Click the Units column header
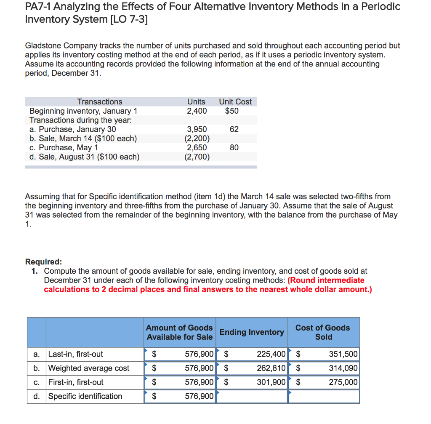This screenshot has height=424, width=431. pyautogui.click(x=196, y=101)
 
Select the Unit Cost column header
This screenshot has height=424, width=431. pyautogui.click(x=235, y=101)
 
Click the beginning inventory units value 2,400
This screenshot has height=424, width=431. pyautogui.click(x=196, y=111)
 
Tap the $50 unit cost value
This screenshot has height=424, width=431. pyautogui.click(x=231, y=111)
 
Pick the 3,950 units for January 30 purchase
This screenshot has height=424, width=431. pyautogui.click(x=197, y=129)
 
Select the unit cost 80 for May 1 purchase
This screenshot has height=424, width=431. pyautogui.click(x=234, y=148)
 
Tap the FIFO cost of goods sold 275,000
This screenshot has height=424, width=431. pyautogui.click(x=343, y=382)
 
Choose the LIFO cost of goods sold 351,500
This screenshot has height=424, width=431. pyautogui.click(x=343, y=354)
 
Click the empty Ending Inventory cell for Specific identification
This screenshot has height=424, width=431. pyautogui.click(x=252, y=396)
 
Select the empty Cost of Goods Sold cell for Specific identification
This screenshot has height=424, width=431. pyautogui.click(x=324, y=396)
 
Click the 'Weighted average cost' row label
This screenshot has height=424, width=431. pyautogui.click(x=89, y=368)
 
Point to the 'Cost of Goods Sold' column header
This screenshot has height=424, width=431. pyautogui.click(x=323, y=332)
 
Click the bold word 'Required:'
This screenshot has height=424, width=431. pyautogui.click(x=43, y=262)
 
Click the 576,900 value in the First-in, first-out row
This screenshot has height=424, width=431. pyautogui.click(x=199, y=382)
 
